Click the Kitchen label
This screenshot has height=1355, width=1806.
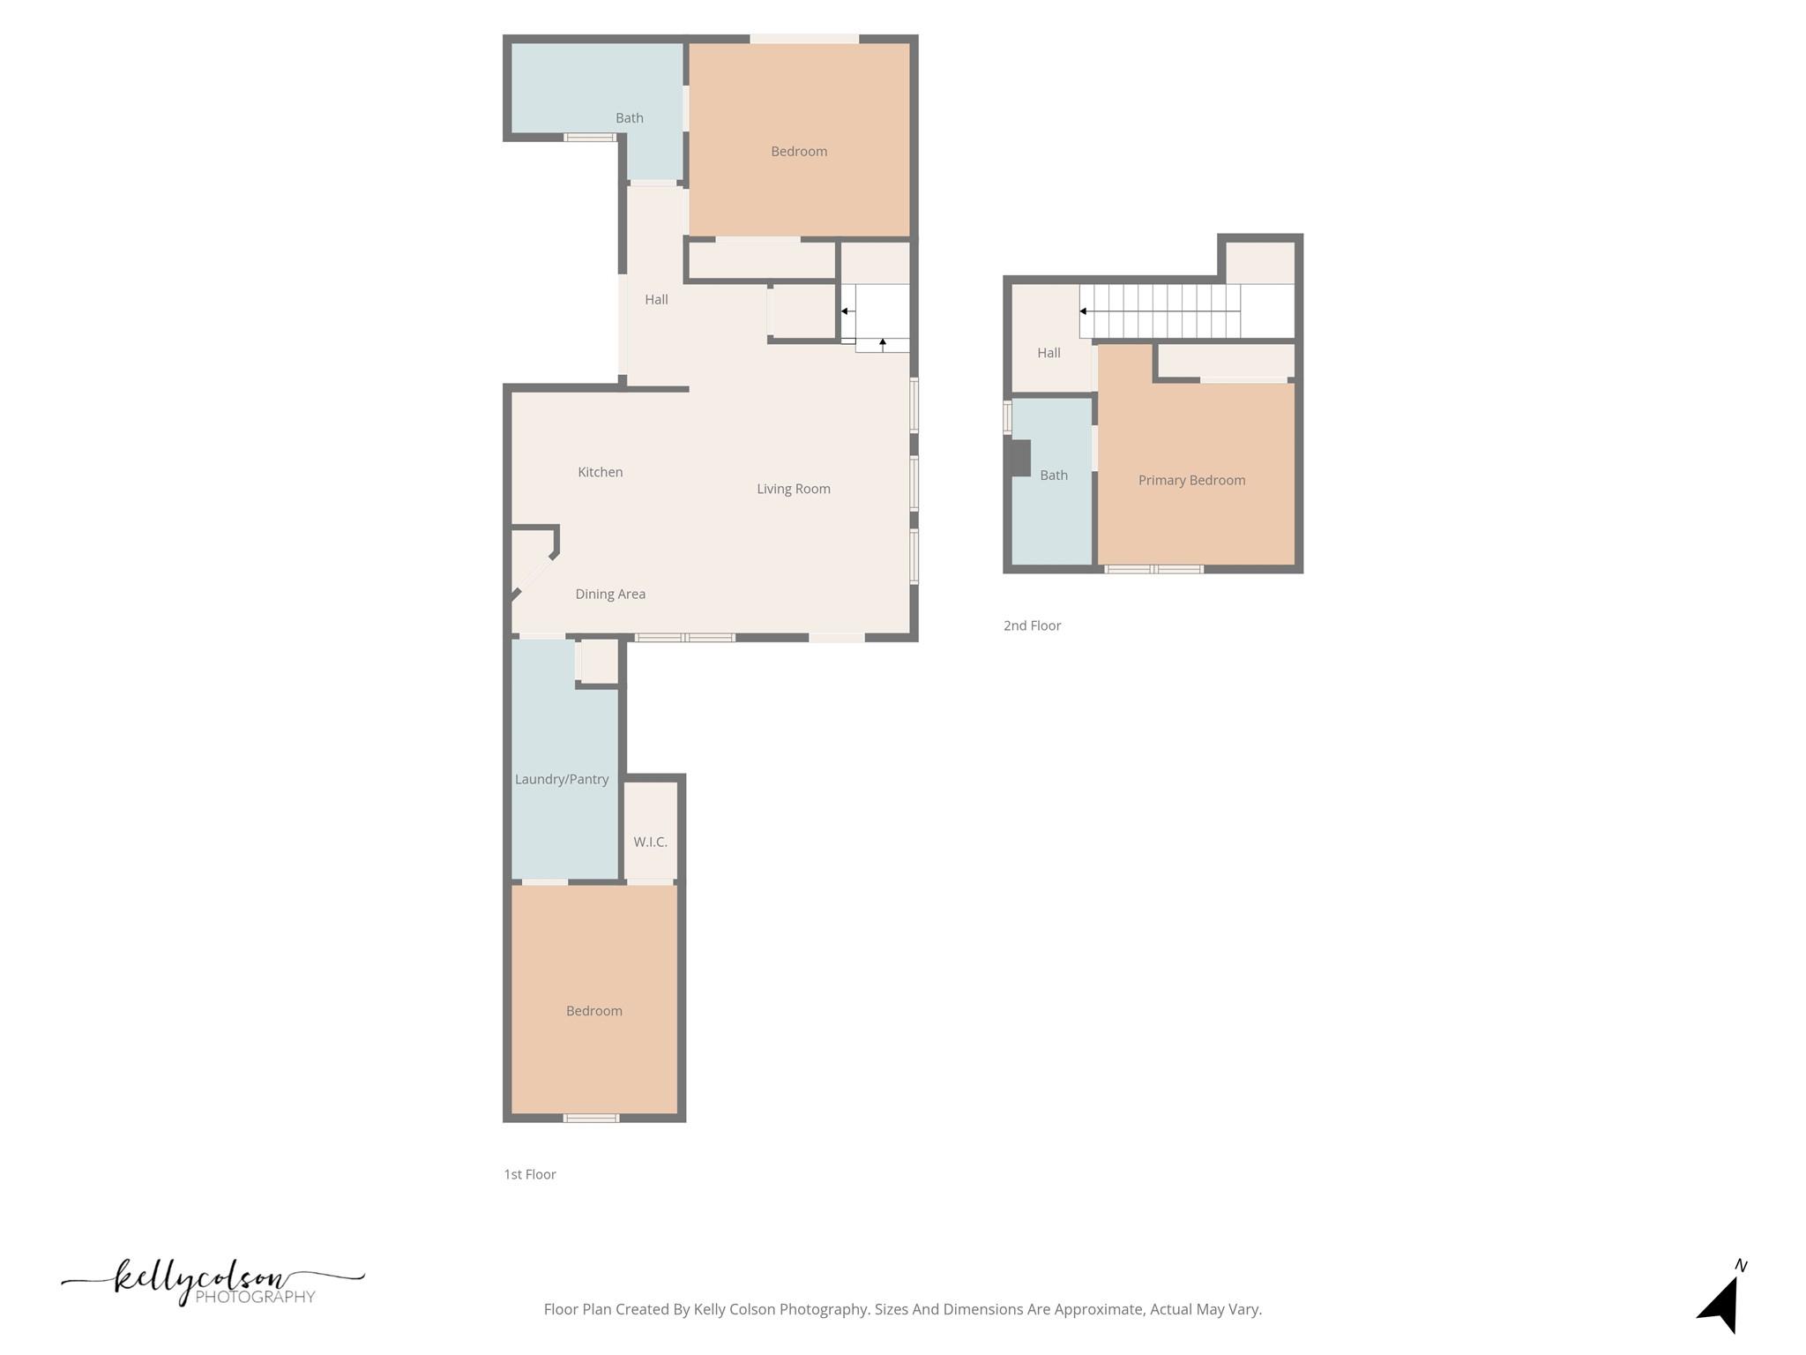point(600,472)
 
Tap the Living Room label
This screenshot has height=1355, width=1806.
point(793,489)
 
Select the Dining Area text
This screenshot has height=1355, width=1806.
point(610,594)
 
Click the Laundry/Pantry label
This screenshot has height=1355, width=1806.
point(562,779)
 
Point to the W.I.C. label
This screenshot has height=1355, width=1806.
point(650,842)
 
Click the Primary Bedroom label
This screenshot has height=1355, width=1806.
point(1191,480)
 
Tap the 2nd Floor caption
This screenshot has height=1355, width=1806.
point(1032,625)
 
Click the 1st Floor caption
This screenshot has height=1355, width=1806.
point(529,1174)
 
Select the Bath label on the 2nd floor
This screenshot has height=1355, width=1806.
point(1054,475)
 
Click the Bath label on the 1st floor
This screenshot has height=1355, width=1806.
point(629,117)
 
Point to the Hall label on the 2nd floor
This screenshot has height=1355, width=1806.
point(1049,353)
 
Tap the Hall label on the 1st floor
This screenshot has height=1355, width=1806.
point(656,299)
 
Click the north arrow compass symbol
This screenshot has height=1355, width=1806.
point(1720,1301)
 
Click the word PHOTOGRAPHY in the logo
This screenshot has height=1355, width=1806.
point(255,1297)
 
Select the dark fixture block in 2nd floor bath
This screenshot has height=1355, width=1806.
point(1020,458)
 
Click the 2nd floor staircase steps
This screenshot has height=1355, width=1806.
point(1160,311)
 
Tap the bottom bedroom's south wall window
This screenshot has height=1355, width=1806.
point(591,1118)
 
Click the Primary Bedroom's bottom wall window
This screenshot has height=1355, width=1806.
point(1153,569)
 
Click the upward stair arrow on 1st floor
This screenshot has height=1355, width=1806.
point(883,343)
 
